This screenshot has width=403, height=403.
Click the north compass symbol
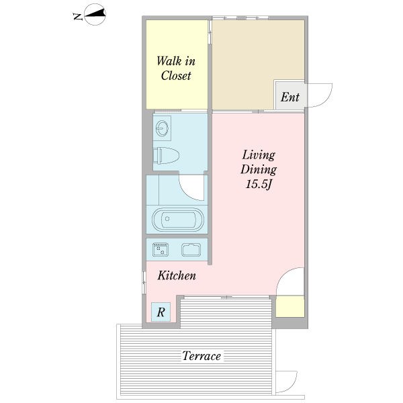[95, 14]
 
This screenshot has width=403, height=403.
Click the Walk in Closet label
[176, 69]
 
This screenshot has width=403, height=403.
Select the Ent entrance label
[290, 97]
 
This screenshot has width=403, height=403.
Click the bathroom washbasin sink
[162, 128]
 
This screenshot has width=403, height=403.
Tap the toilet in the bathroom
[166, 156]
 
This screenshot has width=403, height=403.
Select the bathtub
[178, 219]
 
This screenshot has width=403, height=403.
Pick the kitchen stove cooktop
[161, 250]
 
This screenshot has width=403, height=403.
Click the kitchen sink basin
[191, 250]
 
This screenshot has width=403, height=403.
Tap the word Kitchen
[177, 275]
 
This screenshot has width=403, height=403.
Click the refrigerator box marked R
[161, 312]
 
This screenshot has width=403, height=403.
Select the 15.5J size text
[259, 185]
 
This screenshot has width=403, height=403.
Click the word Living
[259, 155]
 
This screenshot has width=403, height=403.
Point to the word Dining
[259, 170]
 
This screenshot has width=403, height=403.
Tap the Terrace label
[201, 356]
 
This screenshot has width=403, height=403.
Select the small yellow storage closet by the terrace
[290, 306]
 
